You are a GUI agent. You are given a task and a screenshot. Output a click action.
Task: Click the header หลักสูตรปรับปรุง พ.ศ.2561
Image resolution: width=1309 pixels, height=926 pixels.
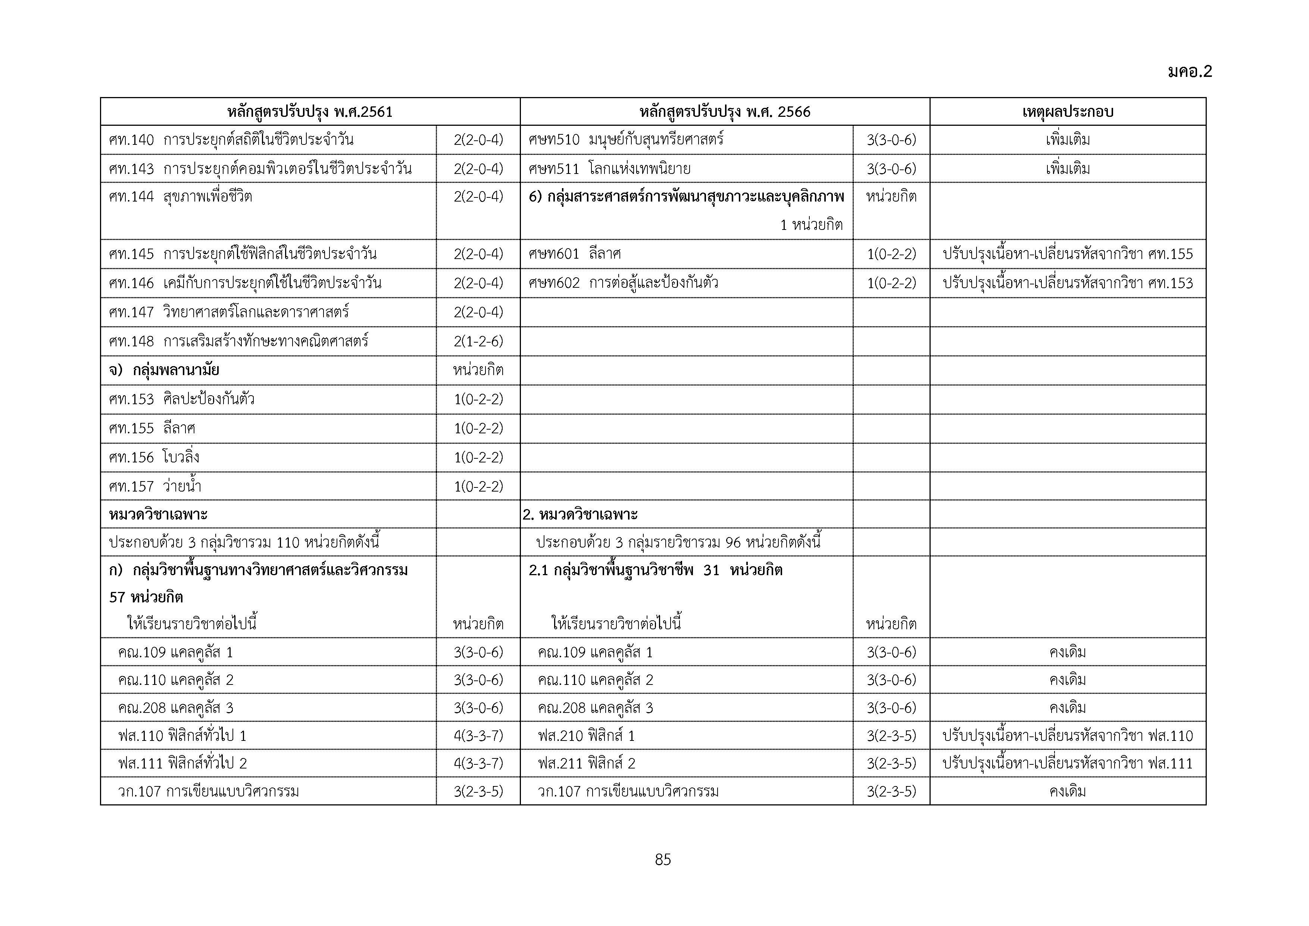[x=310, y=112]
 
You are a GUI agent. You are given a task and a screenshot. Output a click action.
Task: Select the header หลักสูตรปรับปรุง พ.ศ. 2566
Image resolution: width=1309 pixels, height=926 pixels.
[x=725, y=112]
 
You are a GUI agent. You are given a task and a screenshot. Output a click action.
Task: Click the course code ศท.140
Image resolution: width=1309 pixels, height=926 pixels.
[x=131, y=140]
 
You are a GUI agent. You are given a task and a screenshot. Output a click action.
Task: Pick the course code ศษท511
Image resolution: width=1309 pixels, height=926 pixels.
[x=554, y=169]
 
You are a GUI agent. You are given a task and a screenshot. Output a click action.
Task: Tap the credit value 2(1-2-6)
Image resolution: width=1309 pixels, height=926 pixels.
[x=478, y=341]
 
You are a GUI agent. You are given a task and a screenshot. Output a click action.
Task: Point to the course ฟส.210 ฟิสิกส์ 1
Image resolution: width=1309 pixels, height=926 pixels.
[x=586, y=736]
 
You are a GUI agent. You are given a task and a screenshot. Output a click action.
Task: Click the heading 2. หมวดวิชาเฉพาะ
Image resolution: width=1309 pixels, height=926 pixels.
[x=580, y=514]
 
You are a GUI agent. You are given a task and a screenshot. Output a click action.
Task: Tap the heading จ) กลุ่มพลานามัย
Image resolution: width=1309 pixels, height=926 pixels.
[x=164, y=370]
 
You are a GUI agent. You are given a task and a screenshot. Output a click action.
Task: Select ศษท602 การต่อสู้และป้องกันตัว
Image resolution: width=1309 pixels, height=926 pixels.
[x=623, y=283]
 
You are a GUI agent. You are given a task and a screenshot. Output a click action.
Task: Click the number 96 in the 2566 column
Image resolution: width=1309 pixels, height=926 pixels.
[x=733, y=542]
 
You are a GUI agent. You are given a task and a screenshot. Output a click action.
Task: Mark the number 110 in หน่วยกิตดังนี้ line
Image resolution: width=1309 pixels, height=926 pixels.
[x=288, y=542]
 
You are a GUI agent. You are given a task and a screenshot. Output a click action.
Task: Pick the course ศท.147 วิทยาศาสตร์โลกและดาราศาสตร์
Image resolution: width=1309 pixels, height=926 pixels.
[x=229, y=312]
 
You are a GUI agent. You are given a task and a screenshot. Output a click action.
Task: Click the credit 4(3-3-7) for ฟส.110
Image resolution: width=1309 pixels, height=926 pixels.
[x=478, y=736]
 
